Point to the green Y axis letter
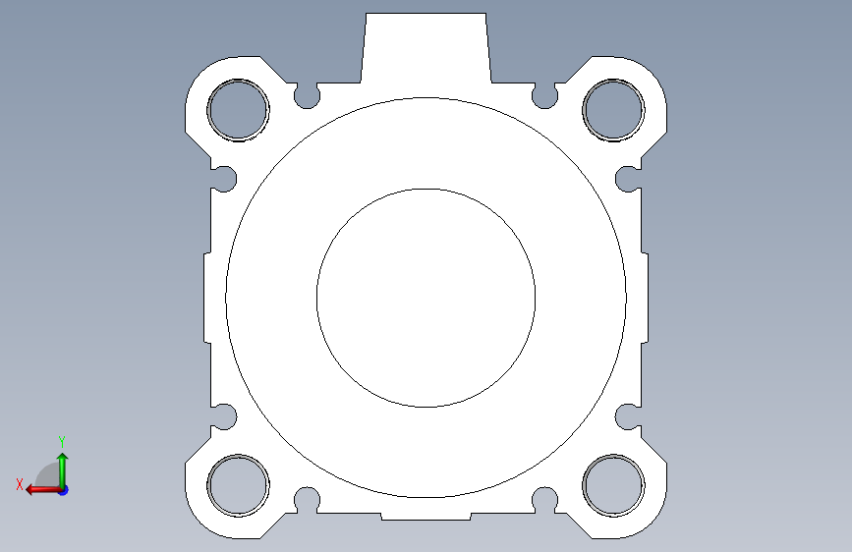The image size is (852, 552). coord(62,442)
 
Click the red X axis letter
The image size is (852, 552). coord(20,484)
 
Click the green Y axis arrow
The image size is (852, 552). coord(63,471)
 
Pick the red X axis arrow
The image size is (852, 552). coord(44,490)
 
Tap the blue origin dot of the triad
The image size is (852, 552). coord(64,490)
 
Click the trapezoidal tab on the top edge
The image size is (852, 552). coord(426,48)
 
